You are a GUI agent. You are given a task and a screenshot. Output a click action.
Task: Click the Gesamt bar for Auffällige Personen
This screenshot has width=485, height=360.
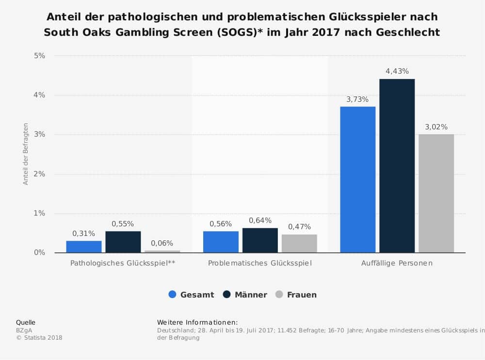[x=357, y=179]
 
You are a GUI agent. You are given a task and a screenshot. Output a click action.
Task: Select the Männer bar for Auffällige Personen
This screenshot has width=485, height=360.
[x=397, y=166]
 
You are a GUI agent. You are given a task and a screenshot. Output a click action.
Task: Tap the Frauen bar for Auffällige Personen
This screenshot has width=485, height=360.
[x=436, y=193]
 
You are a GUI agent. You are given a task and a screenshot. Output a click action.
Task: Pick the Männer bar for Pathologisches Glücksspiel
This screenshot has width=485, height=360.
[x=123, y=242]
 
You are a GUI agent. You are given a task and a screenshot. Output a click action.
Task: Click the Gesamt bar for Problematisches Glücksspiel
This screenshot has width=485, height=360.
[x=221, y=242]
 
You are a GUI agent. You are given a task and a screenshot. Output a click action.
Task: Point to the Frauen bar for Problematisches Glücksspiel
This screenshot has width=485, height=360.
[x=299, y=243]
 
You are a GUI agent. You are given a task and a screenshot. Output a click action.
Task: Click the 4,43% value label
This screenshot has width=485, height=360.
[x=397, y=71]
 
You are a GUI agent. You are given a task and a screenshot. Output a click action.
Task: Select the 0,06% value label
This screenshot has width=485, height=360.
[x=162, y=243]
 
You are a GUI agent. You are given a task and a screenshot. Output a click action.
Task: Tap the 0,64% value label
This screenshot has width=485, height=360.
[x=260, y=220]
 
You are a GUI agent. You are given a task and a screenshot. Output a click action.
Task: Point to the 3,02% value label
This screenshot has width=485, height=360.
[x=436, y=127]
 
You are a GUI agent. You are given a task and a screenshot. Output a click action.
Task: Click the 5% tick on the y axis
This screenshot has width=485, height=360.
[x=39, y=56]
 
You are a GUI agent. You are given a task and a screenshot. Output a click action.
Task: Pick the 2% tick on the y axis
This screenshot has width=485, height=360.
[x=39, y=174]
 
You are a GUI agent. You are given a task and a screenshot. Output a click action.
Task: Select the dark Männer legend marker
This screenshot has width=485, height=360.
[x=226, y=294]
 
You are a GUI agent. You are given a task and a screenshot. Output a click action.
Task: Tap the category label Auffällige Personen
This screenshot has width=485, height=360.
[x=397, y=264]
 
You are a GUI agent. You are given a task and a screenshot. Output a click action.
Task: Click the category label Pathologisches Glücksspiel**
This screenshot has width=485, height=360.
[x=123, y=264]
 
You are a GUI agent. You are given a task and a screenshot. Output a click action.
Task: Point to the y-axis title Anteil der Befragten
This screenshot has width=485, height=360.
[x=26, y=154]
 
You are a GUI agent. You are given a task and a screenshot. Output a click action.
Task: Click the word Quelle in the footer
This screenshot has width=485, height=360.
[x=26, y=322]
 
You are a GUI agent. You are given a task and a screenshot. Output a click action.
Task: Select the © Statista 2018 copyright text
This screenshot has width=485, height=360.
[x=39, y=338]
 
